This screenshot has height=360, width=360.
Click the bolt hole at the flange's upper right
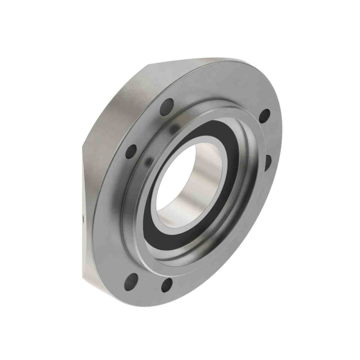(x=264, y=115)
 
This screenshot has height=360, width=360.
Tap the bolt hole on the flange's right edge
(x=268, y=161)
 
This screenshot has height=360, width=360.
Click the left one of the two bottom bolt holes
(x=131, y=281)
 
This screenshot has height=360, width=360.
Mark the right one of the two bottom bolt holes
(x=167, y=284)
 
